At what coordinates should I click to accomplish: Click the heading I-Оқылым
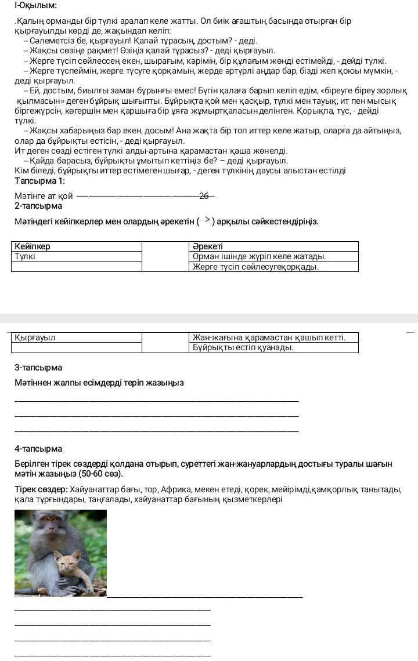click(x=35, y=5)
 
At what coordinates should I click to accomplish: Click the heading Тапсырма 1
click(x=39, y=181)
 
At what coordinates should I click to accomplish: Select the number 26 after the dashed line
click(x=204, y=196)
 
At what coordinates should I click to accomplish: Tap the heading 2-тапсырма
click(x=38, y=206)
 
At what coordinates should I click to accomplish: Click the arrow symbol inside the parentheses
click(x=207, y=220)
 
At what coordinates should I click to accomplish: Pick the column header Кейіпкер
click(x=33, y=246)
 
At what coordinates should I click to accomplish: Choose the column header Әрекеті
click(x=208, y=246)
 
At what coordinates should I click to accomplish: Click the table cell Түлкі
click(x=25, y=256)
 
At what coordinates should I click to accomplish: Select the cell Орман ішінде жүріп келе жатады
click(x=260, y=256)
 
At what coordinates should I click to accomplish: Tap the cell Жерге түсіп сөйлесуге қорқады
click(x=256, y=267)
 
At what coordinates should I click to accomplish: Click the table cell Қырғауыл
click(x=35, y=337)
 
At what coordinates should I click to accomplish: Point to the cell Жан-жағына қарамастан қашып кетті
click(x=269, y=337)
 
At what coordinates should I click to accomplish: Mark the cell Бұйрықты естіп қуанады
click(x=243, y=347)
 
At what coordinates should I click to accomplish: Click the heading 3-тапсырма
click(x=38, y=368)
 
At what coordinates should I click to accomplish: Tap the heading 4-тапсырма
click(x=38, y=449)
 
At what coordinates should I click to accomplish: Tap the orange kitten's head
click(x=68, y=560)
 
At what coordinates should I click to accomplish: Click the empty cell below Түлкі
click(x=77, y=267)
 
